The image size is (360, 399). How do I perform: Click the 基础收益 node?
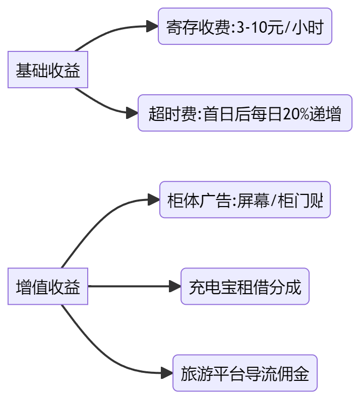48,70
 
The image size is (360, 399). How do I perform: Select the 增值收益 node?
48,287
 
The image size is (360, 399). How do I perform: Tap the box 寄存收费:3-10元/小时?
245,27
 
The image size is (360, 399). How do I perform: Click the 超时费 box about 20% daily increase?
245,113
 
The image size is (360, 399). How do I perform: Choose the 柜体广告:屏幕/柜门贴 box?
245,200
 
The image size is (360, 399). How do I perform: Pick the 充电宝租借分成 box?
245,287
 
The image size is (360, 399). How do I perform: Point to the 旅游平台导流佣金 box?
245,373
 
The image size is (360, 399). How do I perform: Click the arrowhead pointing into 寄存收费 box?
152,27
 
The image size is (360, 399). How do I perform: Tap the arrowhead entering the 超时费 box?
132,113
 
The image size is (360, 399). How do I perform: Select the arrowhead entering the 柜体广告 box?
154,200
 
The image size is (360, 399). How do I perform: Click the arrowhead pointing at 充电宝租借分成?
175,287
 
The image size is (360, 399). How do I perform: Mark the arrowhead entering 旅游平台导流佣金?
167,373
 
